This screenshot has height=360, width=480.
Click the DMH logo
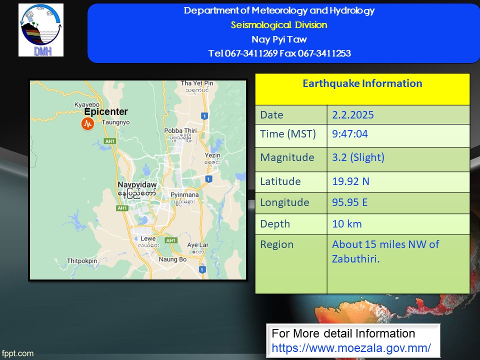click(41, 30)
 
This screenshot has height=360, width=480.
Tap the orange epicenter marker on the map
click(87, 123)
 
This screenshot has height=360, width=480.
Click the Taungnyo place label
click(115, 122)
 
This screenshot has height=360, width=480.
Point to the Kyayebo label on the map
click(87, 104)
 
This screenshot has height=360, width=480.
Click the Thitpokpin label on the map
click(81, 261)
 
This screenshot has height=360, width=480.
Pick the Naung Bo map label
click(172, 259)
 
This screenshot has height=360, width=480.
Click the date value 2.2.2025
click(352, 115)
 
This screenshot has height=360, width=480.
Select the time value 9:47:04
click(350, 134)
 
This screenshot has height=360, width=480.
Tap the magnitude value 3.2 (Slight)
click(358, 157)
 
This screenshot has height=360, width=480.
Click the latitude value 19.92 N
click(351, 181)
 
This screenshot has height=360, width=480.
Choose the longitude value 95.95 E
click(349, 202)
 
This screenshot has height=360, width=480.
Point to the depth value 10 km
click(347, 224)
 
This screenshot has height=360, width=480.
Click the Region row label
click(276, 244)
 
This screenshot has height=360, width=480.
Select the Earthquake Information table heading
click(362, 83)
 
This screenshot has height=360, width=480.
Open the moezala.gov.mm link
click(351, 348)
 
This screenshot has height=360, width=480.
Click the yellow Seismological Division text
click(279, 25)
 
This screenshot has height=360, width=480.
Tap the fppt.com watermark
click(17, 353)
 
